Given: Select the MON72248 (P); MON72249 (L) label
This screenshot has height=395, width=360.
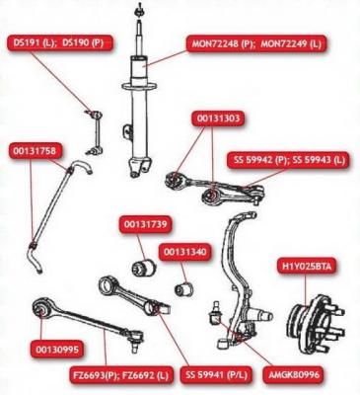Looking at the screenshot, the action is [256, 44].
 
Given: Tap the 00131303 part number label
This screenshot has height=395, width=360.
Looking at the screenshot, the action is [218, 118].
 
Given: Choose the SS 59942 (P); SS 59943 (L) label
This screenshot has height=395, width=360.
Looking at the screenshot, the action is [288, 160].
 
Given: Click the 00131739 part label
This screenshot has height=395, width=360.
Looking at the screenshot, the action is [146, 225].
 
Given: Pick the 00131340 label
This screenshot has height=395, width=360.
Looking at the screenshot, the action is [184, 253].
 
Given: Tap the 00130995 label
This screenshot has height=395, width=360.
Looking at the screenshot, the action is [57, 349].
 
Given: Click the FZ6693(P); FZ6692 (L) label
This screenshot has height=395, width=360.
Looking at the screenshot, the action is [121, 375].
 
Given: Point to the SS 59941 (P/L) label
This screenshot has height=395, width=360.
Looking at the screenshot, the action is [216, 375].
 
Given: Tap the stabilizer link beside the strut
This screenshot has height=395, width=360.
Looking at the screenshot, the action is [94, 132].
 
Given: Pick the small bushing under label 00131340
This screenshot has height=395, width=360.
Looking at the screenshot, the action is [184, 288].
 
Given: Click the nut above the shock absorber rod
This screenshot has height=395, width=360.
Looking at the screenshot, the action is [138, 12].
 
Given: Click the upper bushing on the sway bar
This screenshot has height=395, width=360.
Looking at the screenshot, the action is [69, 170].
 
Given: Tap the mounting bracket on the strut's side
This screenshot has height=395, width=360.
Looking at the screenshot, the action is [127, 133].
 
